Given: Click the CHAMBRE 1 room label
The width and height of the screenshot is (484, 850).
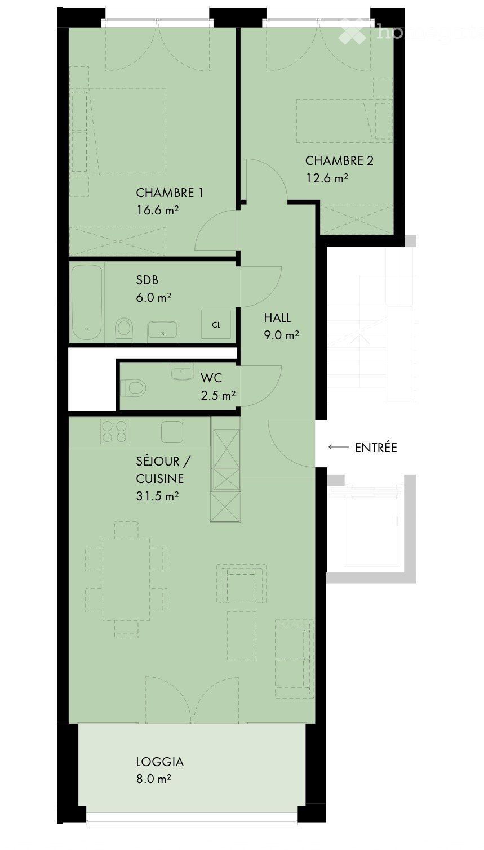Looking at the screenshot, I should (x=169, y=193).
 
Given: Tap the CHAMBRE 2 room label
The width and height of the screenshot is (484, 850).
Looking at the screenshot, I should (x=339, y=161).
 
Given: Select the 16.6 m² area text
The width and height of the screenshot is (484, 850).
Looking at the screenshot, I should (x=157, y=211).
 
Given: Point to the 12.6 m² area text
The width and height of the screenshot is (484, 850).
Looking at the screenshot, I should (x=326, y=178).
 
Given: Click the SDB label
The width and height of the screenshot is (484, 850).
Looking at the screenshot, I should (x=147, y=280).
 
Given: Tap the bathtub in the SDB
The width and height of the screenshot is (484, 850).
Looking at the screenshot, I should (x=87, y=302).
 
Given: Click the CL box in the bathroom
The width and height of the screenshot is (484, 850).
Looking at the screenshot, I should (x=216, y=325).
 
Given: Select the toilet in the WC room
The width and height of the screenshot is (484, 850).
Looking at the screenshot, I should (x=134, y=387).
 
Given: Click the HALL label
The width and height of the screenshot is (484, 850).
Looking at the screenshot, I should (x=277, y=318).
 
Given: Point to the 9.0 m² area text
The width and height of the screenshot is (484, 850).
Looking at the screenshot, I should (x=281, y=335).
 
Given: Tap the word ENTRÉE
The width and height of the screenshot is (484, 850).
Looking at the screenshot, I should (x=376, y=448).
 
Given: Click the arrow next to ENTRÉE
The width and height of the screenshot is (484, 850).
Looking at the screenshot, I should (x=338, y=448).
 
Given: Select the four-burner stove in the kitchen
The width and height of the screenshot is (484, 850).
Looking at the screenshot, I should (x=114, y=432).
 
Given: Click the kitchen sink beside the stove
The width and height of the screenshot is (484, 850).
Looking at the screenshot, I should (x=171, y=432).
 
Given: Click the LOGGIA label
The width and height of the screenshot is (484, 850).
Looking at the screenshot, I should (x=159, y=762).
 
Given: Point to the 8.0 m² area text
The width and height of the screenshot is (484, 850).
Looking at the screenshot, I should (x=153, y=780).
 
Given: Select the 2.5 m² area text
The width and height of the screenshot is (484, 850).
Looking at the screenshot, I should (x=218, y=395).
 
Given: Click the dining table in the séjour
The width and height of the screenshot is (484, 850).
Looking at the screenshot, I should (x=127, y=579).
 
